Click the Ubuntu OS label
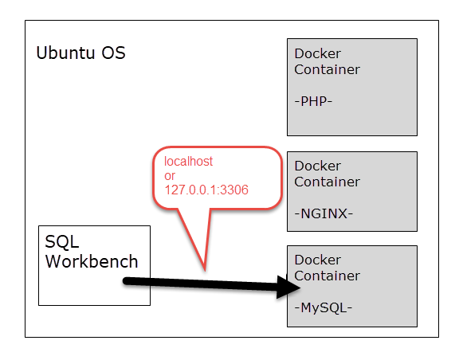coord(80,53)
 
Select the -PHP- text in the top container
coord(312,101)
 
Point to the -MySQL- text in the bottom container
coord(323,307)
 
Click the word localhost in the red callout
coord(189,162)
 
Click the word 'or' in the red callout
coord(171,176)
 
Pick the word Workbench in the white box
coord(92,261)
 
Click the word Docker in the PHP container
coord(317,53)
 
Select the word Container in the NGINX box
coord(327,182)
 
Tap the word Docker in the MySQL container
coord(317,260)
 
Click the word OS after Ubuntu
coord(114,53)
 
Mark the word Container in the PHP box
coord(327,69)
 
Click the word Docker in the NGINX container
coord(317,166)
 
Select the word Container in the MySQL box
coord(327,276)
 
